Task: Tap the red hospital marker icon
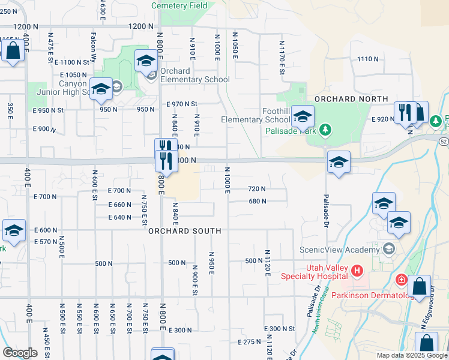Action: pyautogui.click(x=358, y=271)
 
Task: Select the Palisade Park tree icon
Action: pyautogui.click(x=325, y=129)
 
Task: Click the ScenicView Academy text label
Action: pyautogui.click(x=340, y=249)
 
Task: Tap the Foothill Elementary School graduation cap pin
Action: pyautogui.click(x=304, y=115)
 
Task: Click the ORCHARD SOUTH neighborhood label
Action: pyautogui.click(x=184, y=231)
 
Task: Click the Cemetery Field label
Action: pyautogui.click(x=179, y=5)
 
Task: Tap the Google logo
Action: pyautogui.click(x=20, y=353)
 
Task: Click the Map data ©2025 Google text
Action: pyautogui.click(x=411, y=355)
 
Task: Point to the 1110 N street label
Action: pyautogui.click(x=367, y=59)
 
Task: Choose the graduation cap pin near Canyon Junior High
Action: pyautogui.click(x=101, y=89)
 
